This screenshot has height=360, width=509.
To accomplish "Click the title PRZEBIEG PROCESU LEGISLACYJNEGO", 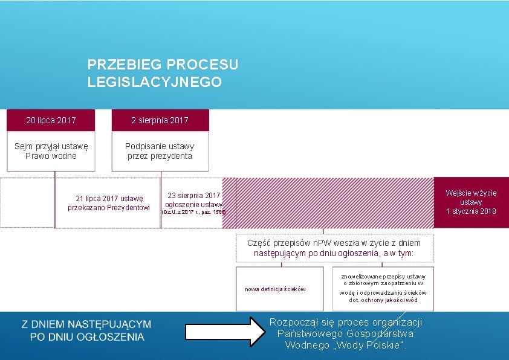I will click(x=163, y=72).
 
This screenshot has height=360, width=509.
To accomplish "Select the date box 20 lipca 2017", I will click(x=51, y=120).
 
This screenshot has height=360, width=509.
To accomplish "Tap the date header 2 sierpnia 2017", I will click(x=160, y=120).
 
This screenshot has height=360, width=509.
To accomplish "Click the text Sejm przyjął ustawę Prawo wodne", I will click(x=51, y=150).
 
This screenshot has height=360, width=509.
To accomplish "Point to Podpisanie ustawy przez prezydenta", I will click(x=160, y=150).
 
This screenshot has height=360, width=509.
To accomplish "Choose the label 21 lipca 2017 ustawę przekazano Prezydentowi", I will click(x=108, y=202).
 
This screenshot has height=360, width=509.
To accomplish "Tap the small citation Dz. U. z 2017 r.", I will click(x=193, y=213).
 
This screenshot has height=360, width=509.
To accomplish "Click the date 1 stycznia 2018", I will click(x=471, y=211).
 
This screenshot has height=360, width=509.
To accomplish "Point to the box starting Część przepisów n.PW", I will click(x=334, y=248).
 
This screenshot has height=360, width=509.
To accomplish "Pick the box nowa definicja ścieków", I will click(x=275, y=289).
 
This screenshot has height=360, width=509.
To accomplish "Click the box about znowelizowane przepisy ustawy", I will click(x=383, y=288).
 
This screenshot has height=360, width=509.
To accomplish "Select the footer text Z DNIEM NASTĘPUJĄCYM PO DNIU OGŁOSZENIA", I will click(x=86, y=330).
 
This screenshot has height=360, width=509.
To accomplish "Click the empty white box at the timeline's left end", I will click(x=27, y=202).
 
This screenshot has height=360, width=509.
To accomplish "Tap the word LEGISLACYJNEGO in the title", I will click(x=154, y=82).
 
